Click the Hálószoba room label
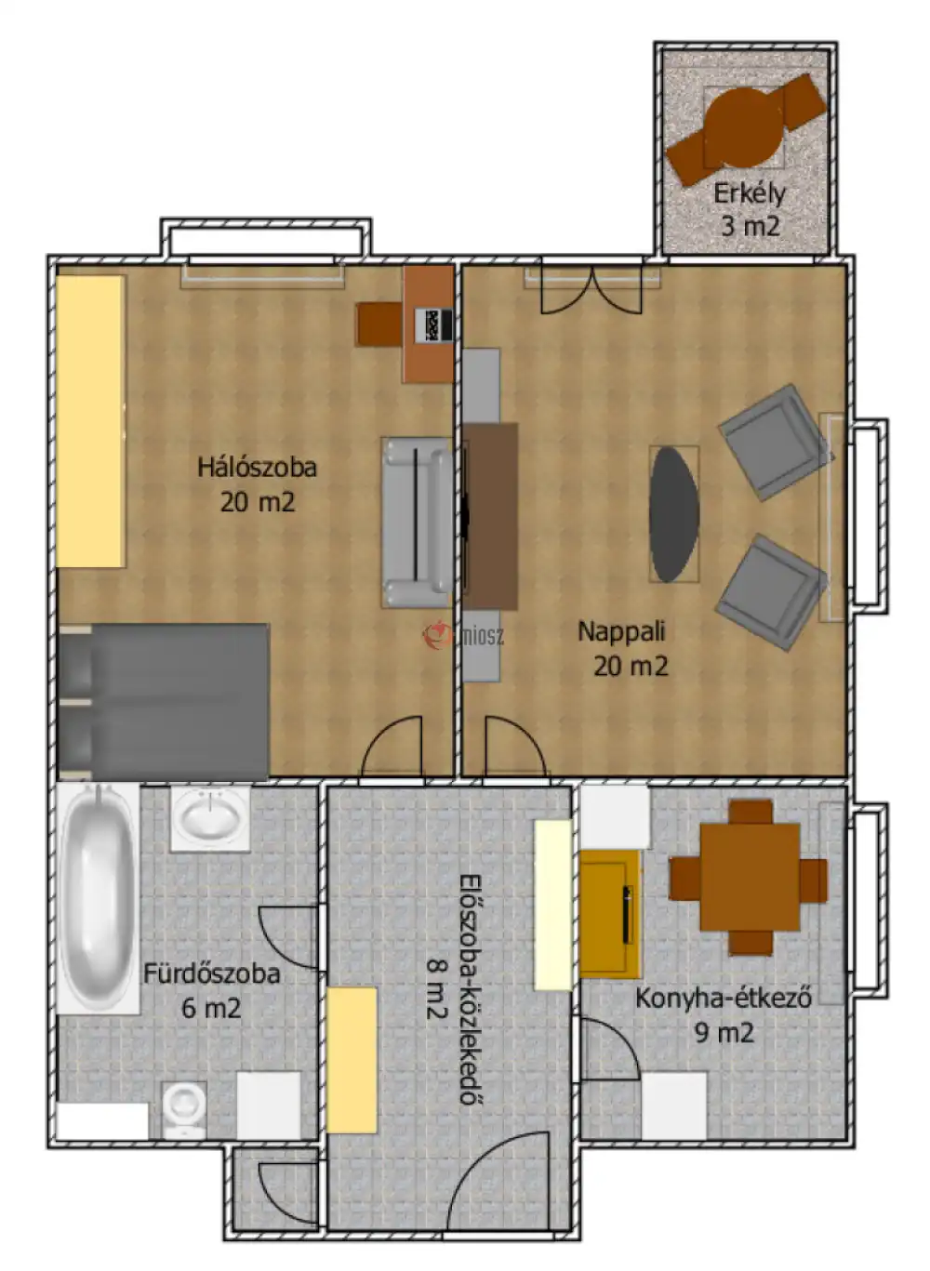pos(257,467)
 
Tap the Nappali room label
pos(621,631)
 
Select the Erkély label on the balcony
pos(749,193)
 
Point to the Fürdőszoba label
pos(212,973)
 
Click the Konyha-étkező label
pos(724,998)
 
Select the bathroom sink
pos(210,817)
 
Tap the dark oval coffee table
pos(673,514)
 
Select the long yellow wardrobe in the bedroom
pos(90,421)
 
